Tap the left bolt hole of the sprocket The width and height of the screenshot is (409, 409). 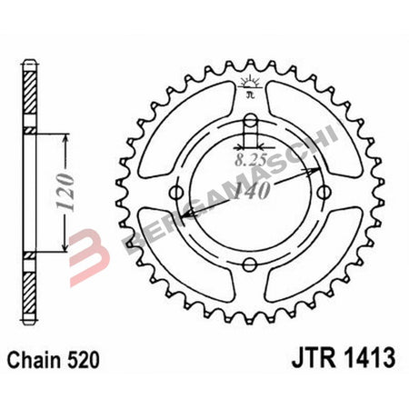click(176, 192)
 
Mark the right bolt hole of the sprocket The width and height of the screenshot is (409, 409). click(324, 192)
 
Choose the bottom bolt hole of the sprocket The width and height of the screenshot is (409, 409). click(250, 264)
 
